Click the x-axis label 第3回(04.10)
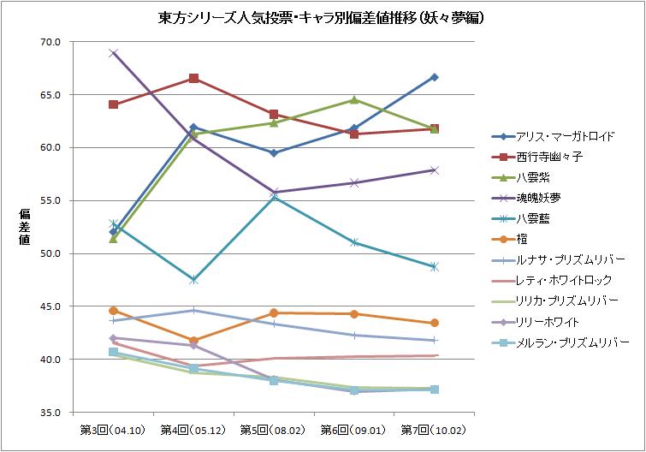[x=114, y=428]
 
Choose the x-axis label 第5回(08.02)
[x=274, y=428]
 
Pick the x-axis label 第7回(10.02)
[x=434, y=428]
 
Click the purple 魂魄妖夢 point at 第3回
[x=114, y=53]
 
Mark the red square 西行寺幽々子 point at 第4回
[x=193, y=78]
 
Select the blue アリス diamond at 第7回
[x=434, y=77]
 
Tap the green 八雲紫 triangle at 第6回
[x=354, y=99]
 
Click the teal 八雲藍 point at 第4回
[x=193, y=280]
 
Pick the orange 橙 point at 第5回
[x=274, y=312]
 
